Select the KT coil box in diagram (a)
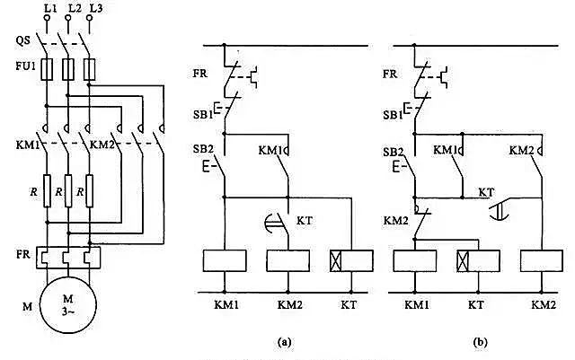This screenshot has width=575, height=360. [x=352, y=260]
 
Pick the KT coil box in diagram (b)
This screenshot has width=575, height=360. [x=478, y=260]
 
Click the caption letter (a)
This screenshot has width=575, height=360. [x=284, y=341]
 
